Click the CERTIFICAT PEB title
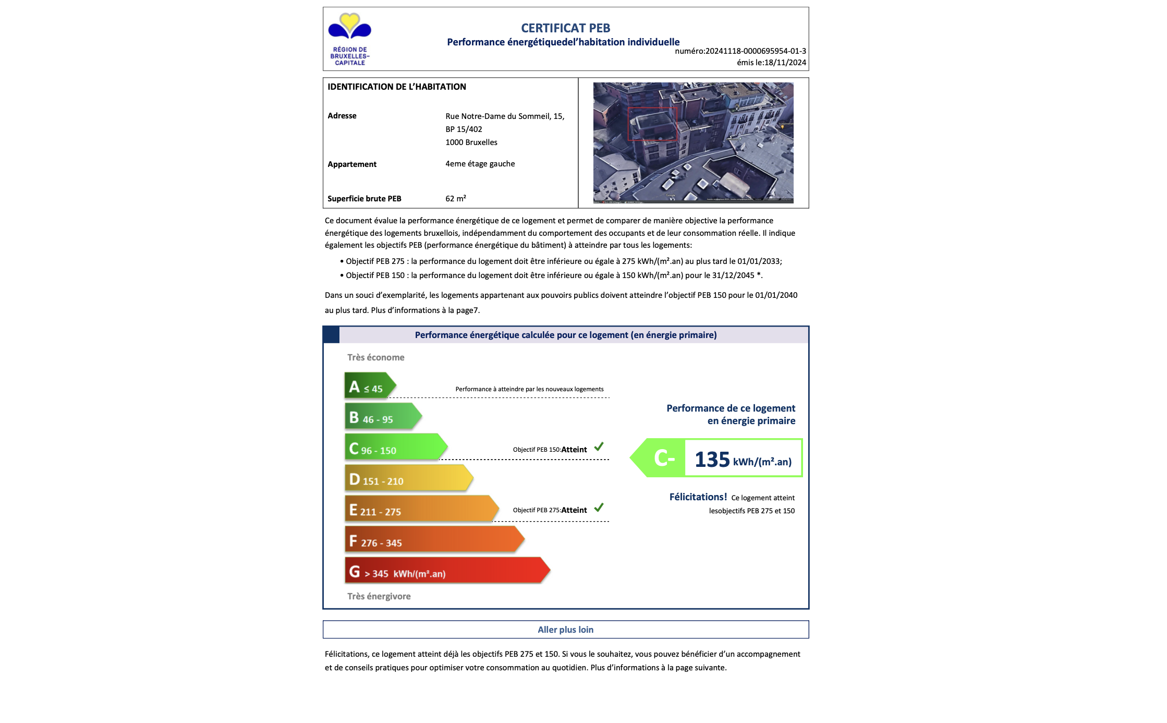click(565, 28)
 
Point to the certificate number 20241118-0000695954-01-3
click(756, 51)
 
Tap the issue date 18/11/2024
click(785, 63)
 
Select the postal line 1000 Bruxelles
click(471, 142)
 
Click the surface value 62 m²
click(455, 199)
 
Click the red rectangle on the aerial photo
click(652, 124)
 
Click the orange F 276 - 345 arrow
click(433, 540)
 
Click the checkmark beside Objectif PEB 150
click(599, 447)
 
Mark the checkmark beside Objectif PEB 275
click(599, 507)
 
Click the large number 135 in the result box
click(712, 460)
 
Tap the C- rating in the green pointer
click(664, 458)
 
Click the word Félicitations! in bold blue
click(698, 497)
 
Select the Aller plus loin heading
click(565, 630)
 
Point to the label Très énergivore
click(379, 596)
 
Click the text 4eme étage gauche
click(480, 164)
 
